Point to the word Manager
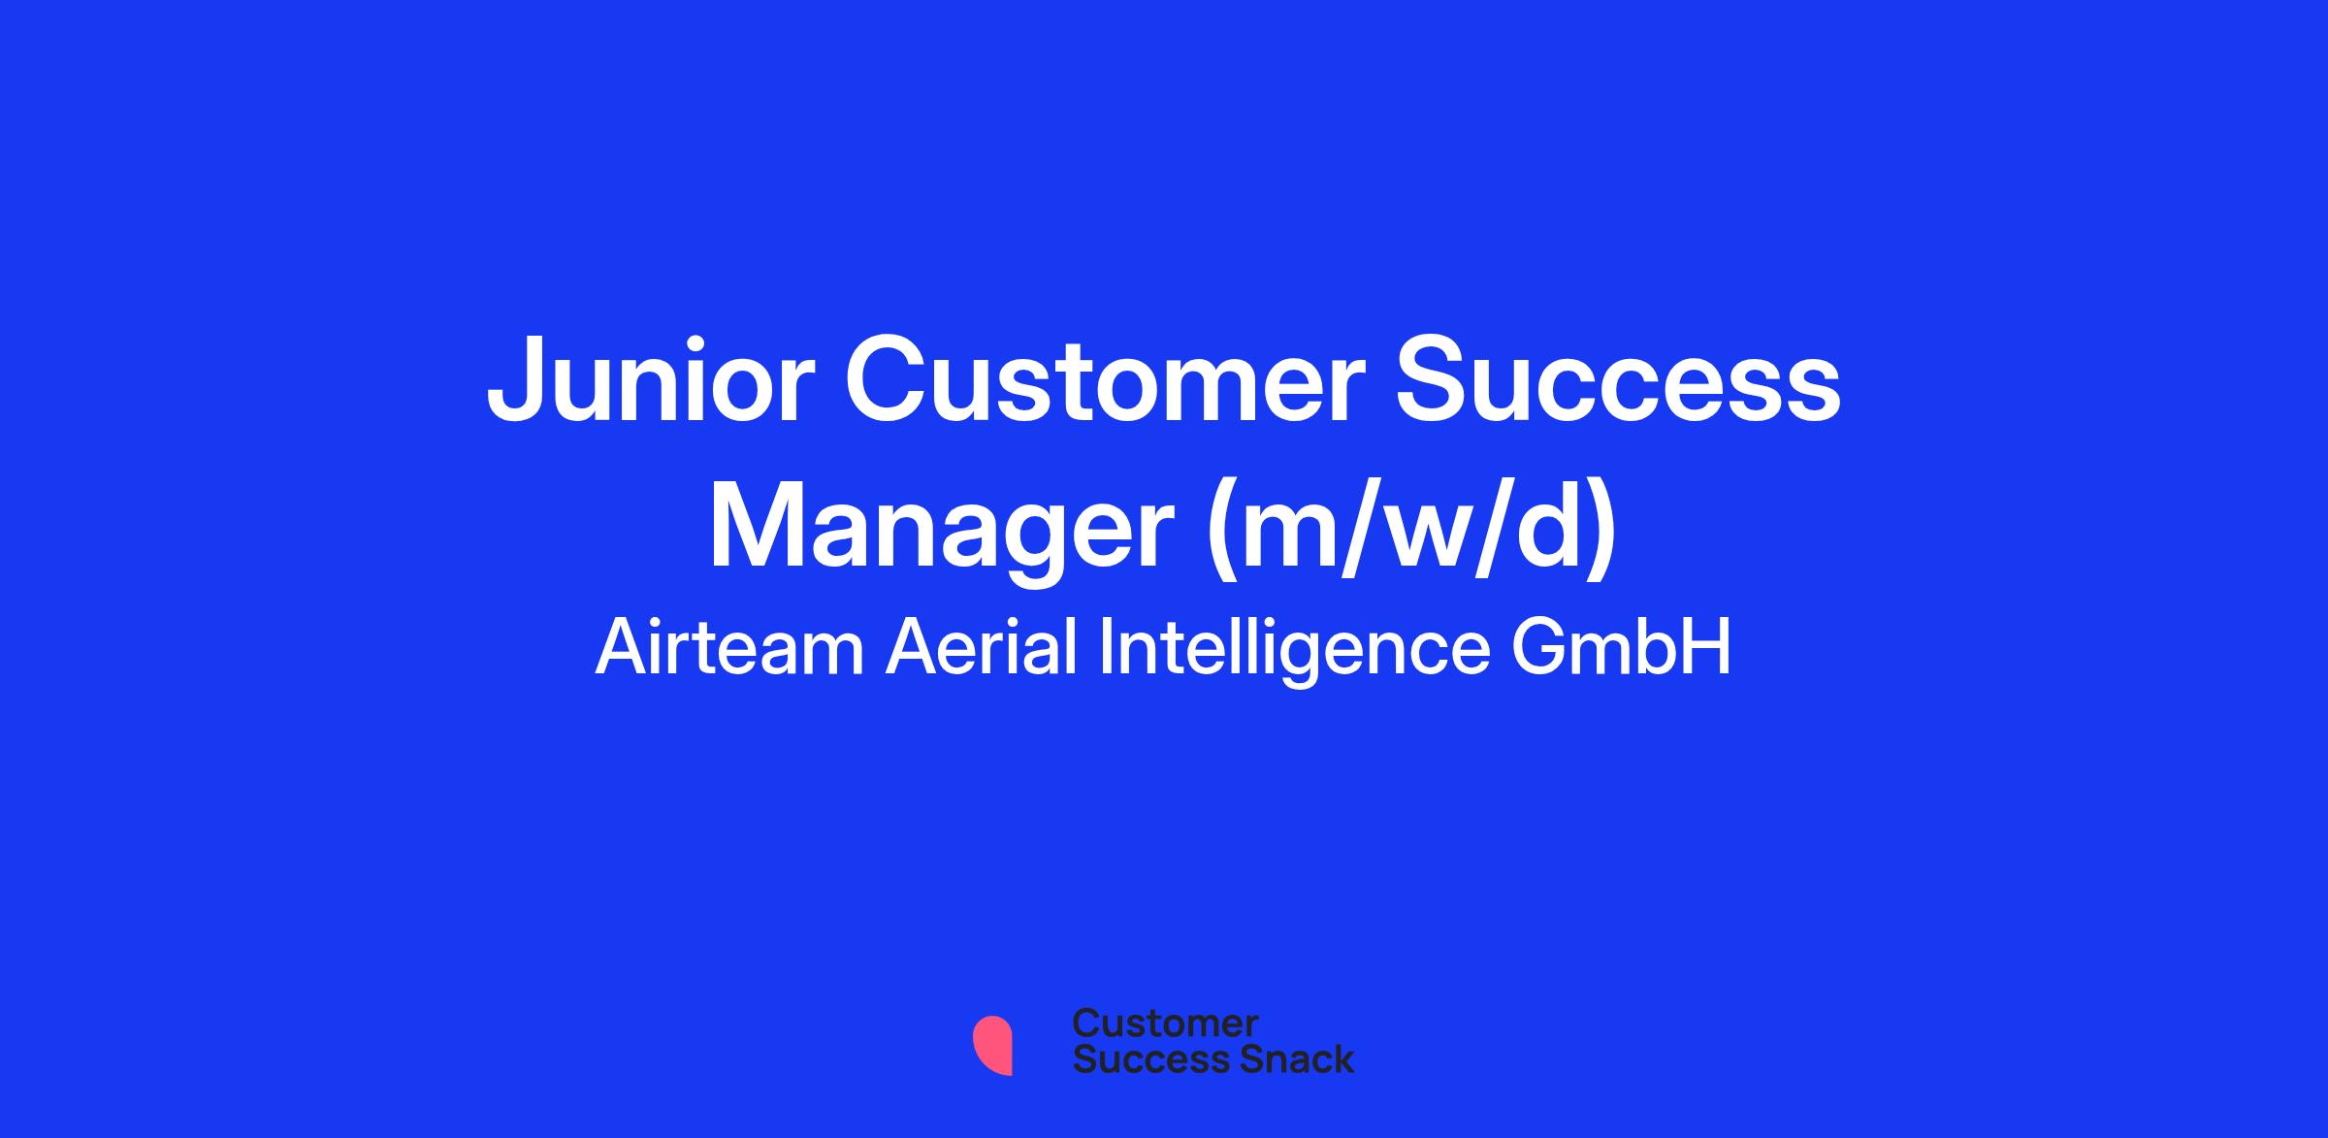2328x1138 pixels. tap(942, 534)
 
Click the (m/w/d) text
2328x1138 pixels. tap(1411, 534)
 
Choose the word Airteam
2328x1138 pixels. tap(728, 648)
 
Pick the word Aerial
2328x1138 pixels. tap(982, 648)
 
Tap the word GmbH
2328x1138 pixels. tap(1622, 648)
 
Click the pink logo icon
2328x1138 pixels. tap(992, 1045)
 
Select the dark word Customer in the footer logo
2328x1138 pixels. tap(1165, 1024)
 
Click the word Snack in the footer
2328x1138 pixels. tap(1283, 1059)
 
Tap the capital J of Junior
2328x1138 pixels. tap(513, 380)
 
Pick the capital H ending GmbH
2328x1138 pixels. tap(1709, 647)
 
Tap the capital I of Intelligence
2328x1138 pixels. tap(1106, 647)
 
